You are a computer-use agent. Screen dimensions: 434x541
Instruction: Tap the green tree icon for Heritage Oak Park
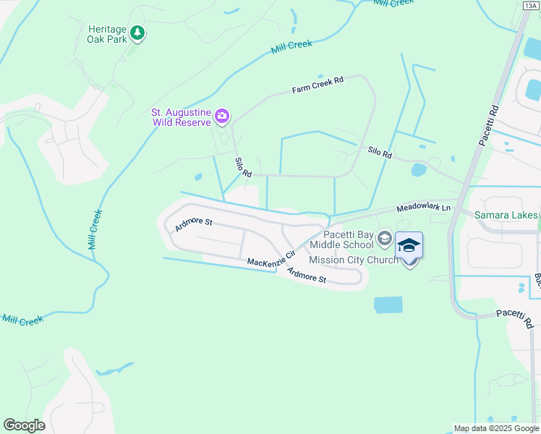click(137, 33)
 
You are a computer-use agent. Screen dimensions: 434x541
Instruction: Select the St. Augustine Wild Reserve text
click(180, 117)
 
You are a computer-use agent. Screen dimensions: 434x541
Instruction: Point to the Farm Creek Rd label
click(317, 85)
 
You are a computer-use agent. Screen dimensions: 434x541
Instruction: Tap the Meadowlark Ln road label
click(423, 208)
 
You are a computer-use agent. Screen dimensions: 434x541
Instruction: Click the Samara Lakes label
click(506, 215)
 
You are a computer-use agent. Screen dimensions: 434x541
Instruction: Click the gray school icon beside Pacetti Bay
click(385, 238)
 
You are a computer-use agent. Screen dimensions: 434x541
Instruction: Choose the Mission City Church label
click(353, 260)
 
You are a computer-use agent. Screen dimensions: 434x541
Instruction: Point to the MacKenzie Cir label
click(271, 258)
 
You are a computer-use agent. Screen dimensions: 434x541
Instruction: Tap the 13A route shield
click(530, 6)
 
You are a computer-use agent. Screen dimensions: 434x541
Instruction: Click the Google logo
click(24, 425)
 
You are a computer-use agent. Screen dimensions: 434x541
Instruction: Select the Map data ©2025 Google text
click(496, 428)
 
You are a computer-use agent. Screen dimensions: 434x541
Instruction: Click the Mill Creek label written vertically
click(93, 230)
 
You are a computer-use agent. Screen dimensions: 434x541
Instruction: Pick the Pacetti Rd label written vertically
click(489, 124)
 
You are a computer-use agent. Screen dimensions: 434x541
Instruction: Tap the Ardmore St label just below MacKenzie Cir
click(307, 275)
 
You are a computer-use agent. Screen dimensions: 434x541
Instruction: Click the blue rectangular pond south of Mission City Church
click(388, 305)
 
